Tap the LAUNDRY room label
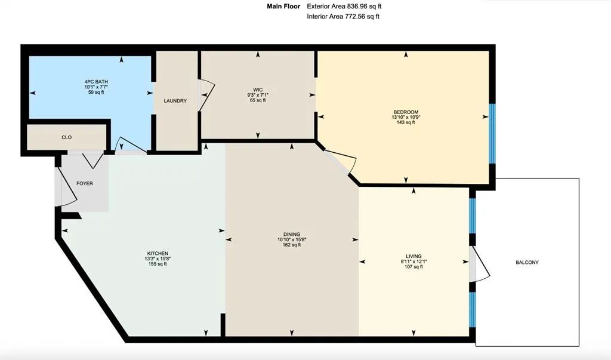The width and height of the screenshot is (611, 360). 175,101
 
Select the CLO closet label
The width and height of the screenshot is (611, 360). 67,137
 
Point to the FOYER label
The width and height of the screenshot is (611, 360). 85,183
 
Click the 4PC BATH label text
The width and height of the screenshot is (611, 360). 96,81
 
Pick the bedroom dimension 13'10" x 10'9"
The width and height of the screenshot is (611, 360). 405,117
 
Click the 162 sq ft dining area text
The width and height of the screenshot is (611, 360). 292,245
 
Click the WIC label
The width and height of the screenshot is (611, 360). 258,90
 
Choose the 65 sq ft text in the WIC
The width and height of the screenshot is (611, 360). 258,100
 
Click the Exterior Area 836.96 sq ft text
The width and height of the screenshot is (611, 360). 344,7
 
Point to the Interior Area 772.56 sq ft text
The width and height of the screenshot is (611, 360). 343,17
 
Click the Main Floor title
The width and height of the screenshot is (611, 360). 283,7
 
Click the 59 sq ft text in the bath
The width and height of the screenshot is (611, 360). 96,93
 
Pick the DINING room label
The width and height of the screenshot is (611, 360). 292,234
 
